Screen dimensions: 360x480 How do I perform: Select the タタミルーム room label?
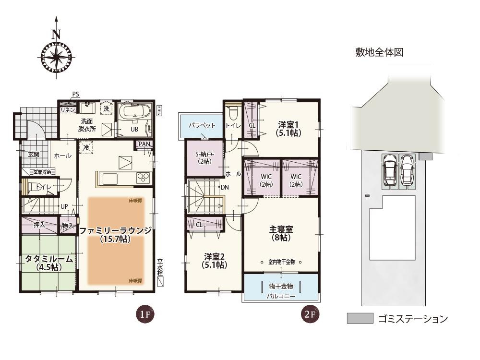click(49, 259)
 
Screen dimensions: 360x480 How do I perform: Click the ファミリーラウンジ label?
click(115, 231)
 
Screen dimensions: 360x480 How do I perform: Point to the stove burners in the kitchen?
click(143, 178)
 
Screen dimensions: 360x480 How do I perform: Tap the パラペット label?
click(202, 125)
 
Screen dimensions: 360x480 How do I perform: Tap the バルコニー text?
click(281, 296)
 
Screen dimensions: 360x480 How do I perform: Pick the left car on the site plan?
click(390, 169)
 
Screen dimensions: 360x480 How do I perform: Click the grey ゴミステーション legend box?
click(360, 318)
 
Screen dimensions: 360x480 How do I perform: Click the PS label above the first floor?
click(75, 94)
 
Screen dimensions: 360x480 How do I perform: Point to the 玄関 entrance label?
click(34, 154)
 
